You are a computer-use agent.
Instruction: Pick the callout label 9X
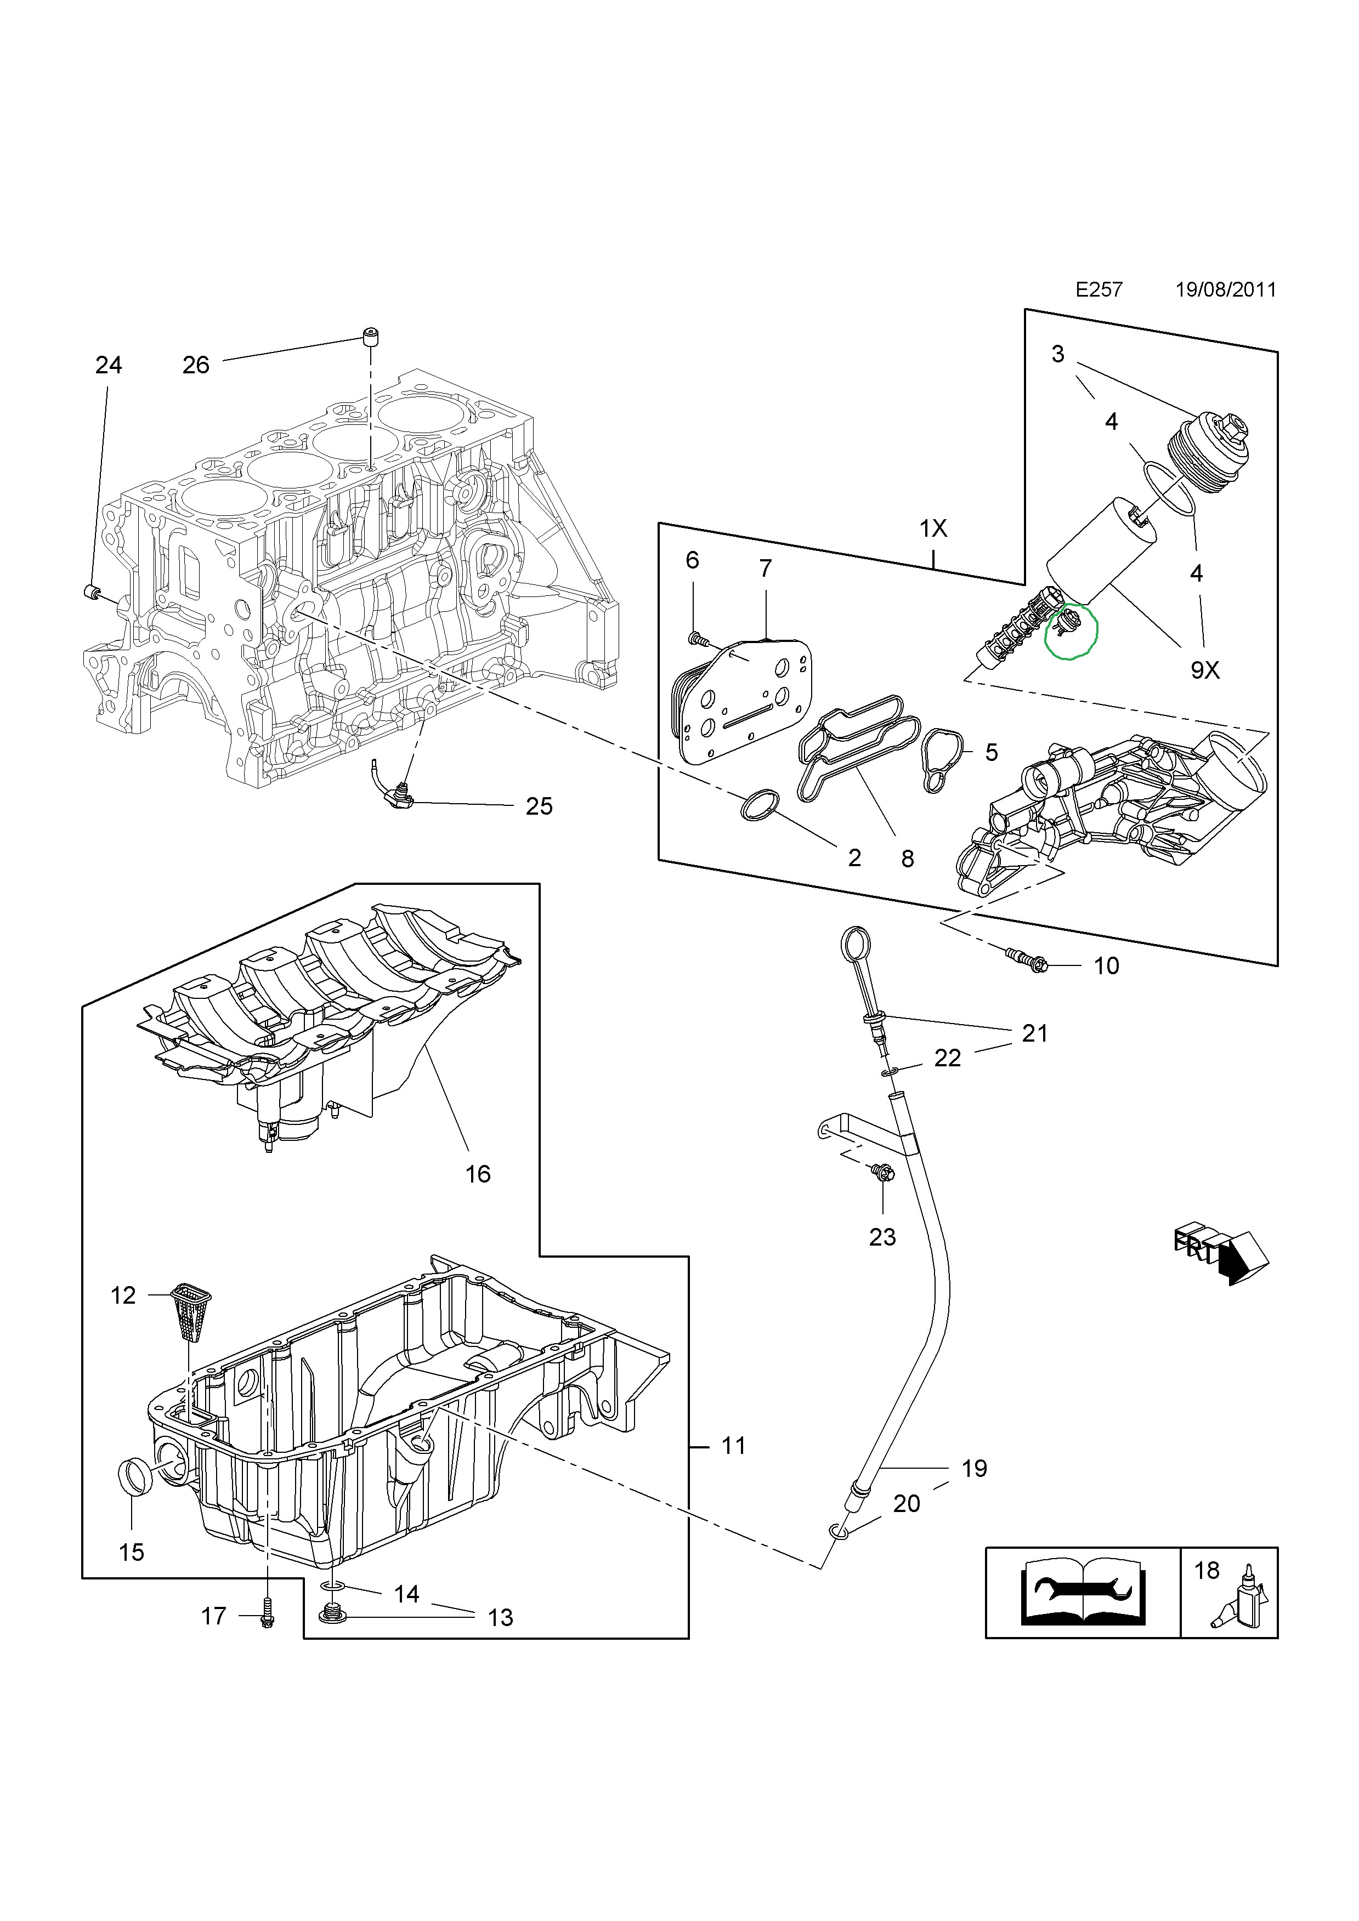coord(1205,669)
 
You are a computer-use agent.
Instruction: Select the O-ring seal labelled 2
coord(760,805)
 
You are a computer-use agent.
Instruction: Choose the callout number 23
coord(882,1237)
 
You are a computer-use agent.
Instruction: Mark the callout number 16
coord(478,1174)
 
